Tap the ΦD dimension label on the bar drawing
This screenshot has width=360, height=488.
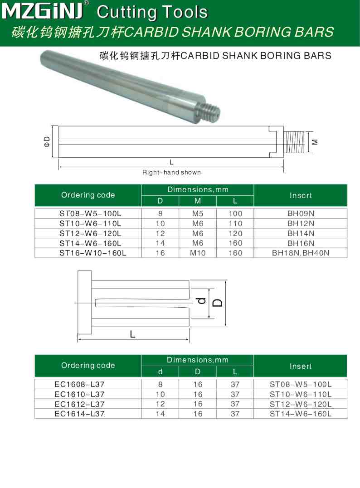pyautogui.click(x=47, y=141)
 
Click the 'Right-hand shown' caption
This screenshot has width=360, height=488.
pyautogui.click(x=171, y=172)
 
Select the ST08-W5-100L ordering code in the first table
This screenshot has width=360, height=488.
pyautogui.click(x=90, y=213)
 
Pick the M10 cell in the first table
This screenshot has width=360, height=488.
pyautogui.click(x=198, y=253)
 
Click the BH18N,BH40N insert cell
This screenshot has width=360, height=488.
pyautogui.click(x=301, y=253)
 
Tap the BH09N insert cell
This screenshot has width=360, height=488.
pyautogui.click(x=301, y=213)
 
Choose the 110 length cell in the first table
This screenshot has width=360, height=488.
pyautogui.click(x=235, y=223)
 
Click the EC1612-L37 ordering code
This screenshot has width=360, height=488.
pyautogui.click(x=80, y=404)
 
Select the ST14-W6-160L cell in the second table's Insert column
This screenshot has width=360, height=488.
pyautogui.click(x=301, y=414)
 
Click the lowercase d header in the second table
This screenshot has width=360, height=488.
pyautogui.click(x=160, y=372)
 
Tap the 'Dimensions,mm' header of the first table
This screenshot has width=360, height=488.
pyautogui.click(x=198, y=189)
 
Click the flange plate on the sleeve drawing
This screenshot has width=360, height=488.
pyautogui.click(x=84, y=303)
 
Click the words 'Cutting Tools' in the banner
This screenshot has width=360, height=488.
pyautogui.click(x=152, y=12)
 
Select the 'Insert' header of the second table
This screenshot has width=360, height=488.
pyautogui.click(x=301, y=366)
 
